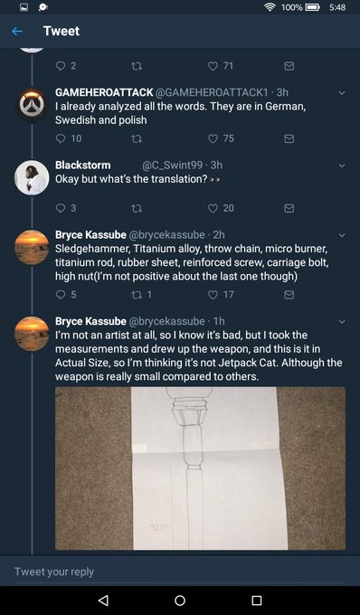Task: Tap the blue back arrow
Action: (x=17, y=31)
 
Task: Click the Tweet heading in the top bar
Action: (x=62, y=31)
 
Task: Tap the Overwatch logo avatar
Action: (x=32, y=104)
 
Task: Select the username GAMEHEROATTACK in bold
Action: (x=104, y=92)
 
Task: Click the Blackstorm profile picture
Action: (x=32, y=177)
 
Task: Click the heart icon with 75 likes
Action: (x=213, y=138)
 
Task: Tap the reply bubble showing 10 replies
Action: (x=61, y=138)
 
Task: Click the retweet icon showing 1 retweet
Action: (x=136, y=295)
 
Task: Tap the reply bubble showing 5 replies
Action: (x=61, y=295)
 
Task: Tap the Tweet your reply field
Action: (x=180, y=572)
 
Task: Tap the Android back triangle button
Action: (x=103, y=601)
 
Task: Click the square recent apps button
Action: (x=257, y=601)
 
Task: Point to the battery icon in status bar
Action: (x=313, y=7)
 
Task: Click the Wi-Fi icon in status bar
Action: (x=270, y=7)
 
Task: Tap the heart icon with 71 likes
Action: (x=213, y=66)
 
